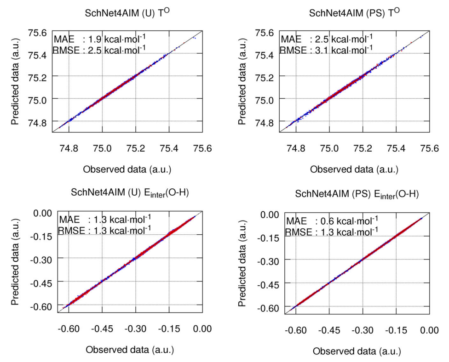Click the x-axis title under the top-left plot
[x=127, y=169]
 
